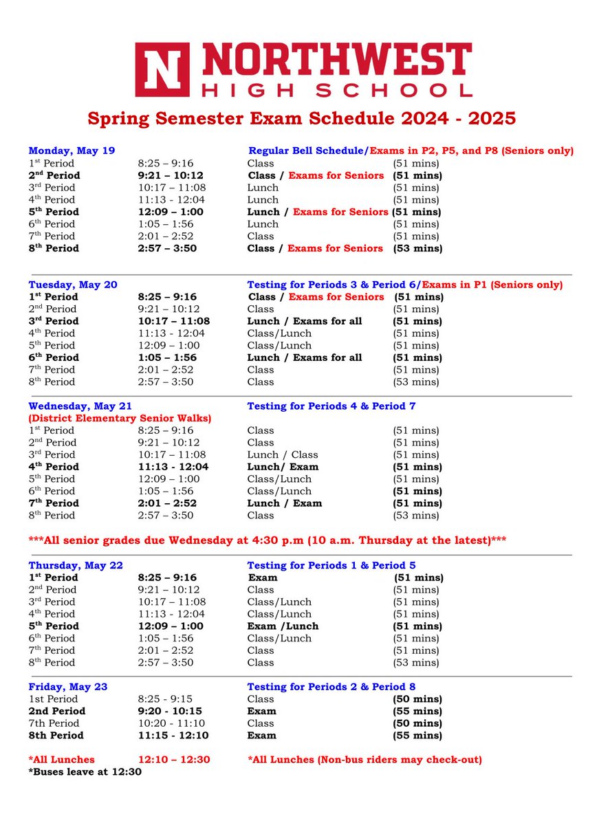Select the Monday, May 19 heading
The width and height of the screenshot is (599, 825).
coord(72,151)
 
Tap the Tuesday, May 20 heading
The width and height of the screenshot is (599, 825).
coord(73,285)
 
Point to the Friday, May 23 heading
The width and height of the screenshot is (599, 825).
coord(68,687)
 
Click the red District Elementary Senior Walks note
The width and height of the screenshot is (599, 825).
coord(120,418)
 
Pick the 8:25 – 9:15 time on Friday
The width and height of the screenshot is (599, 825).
coord(166,699)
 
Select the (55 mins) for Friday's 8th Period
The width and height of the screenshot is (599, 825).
coord(417,736)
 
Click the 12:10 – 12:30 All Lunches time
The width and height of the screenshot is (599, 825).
coord(174,760)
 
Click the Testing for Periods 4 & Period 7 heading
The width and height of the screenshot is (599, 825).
coord(331,406)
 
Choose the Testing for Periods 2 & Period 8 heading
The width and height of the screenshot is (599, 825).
coord(331,687)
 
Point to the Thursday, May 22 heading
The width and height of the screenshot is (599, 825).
coord(76,565)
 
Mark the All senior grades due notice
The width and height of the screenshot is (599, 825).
coord(268,540)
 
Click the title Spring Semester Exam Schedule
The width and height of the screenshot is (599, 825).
coord(301,118)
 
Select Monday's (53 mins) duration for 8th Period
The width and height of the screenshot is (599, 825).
coord(417,248)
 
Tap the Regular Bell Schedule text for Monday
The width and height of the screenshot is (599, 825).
coord(307,151)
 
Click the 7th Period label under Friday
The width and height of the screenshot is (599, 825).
coord(54,723)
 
